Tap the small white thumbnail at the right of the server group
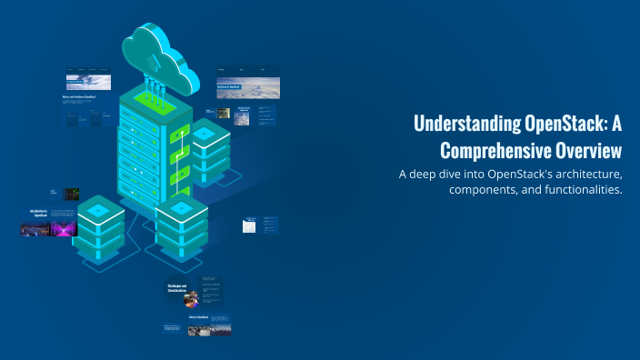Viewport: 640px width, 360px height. [x=249, y=226]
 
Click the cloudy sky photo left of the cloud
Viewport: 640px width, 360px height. [x=89, y=83]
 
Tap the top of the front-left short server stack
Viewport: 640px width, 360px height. [x=99, y=210]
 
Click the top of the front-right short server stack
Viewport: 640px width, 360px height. [x=181, y=208]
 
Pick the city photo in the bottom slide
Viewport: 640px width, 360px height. [x=209, y=328]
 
